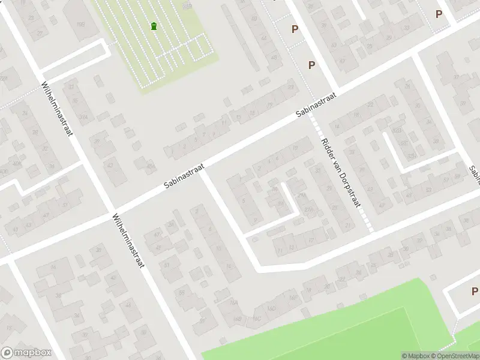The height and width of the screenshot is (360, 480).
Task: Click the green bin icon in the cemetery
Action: (x=154, y=26)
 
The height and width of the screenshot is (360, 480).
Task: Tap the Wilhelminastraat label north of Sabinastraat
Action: (x=57, y=109)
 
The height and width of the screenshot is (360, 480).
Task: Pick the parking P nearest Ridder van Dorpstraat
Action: (x=311, y=65)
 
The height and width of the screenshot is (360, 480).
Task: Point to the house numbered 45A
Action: (x=151, y=166)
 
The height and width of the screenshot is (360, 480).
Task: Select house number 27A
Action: (x=309, y=209)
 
